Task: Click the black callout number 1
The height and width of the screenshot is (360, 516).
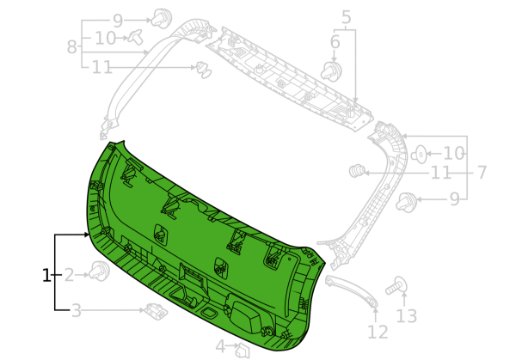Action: [x=46, y=275]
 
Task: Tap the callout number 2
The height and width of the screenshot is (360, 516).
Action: [x=69, y=275]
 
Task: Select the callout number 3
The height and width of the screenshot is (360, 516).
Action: [x=77, y=310]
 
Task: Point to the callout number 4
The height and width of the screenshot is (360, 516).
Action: [x=220, y=346]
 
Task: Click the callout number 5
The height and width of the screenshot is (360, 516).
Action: [x=347, y=17]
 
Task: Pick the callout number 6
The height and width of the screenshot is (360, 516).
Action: [x=335, y=42]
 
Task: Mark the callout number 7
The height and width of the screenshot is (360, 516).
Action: [x=482, y=173]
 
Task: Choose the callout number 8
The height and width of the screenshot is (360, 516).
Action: [x=71, y=46]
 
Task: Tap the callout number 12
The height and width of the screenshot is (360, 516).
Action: [x=378, y=332]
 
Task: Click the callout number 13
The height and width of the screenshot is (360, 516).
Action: [x=407, y=316]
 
